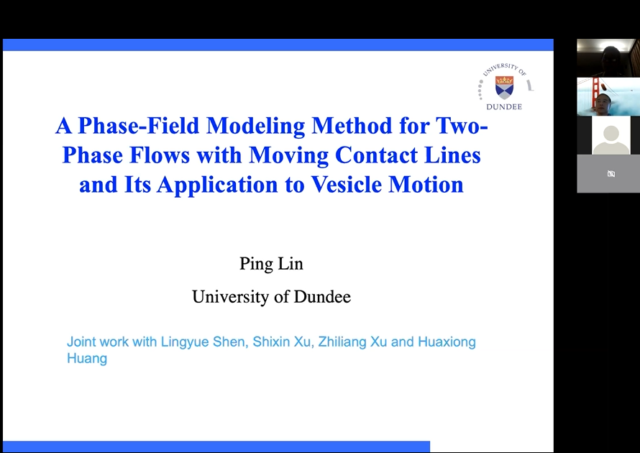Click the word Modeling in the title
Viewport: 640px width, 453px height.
tap(255, 127)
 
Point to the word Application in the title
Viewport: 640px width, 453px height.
tap(217, 186)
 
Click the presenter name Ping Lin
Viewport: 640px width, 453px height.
tap(271, 265)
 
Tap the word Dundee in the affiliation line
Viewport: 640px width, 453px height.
tap(322, 297)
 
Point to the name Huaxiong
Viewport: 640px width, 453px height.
tap(447, 342)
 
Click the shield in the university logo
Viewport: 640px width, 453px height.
tap(505, 87)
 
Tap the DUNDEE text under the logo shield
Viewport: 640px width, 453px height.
tap(504, 107)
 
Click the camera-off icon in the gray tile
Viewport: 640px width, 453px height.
tap(611, 174)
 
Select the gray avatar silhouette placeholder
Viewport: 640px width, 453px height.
tap(611, 139)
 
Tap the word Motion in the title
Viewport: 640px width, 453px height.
tap(426, 185)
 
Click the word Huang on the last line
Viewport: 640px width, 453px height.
tap(87, 359)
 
